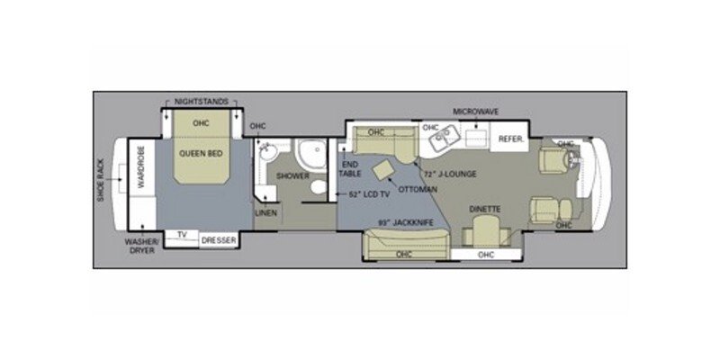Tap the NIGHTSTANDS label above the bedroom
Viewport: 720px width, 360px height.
[201, 103]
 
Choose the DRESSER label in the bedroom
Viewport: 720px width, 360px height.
[219, 240]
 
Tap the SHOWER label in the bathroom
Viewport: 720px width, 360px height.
[292, 176]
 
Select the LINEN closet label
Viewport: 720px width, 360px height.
[266, 213]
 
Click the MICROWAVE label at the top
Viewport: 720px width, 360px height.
[475, 112]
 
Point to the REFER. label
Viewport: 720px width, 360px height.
[510, 140]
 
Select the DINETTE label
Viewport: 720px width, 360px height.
[485, 209]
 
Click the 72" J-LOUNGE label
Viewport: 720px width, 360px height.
[454, 174]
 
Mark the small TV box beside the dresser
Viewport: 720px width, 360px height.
[182, 236]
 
